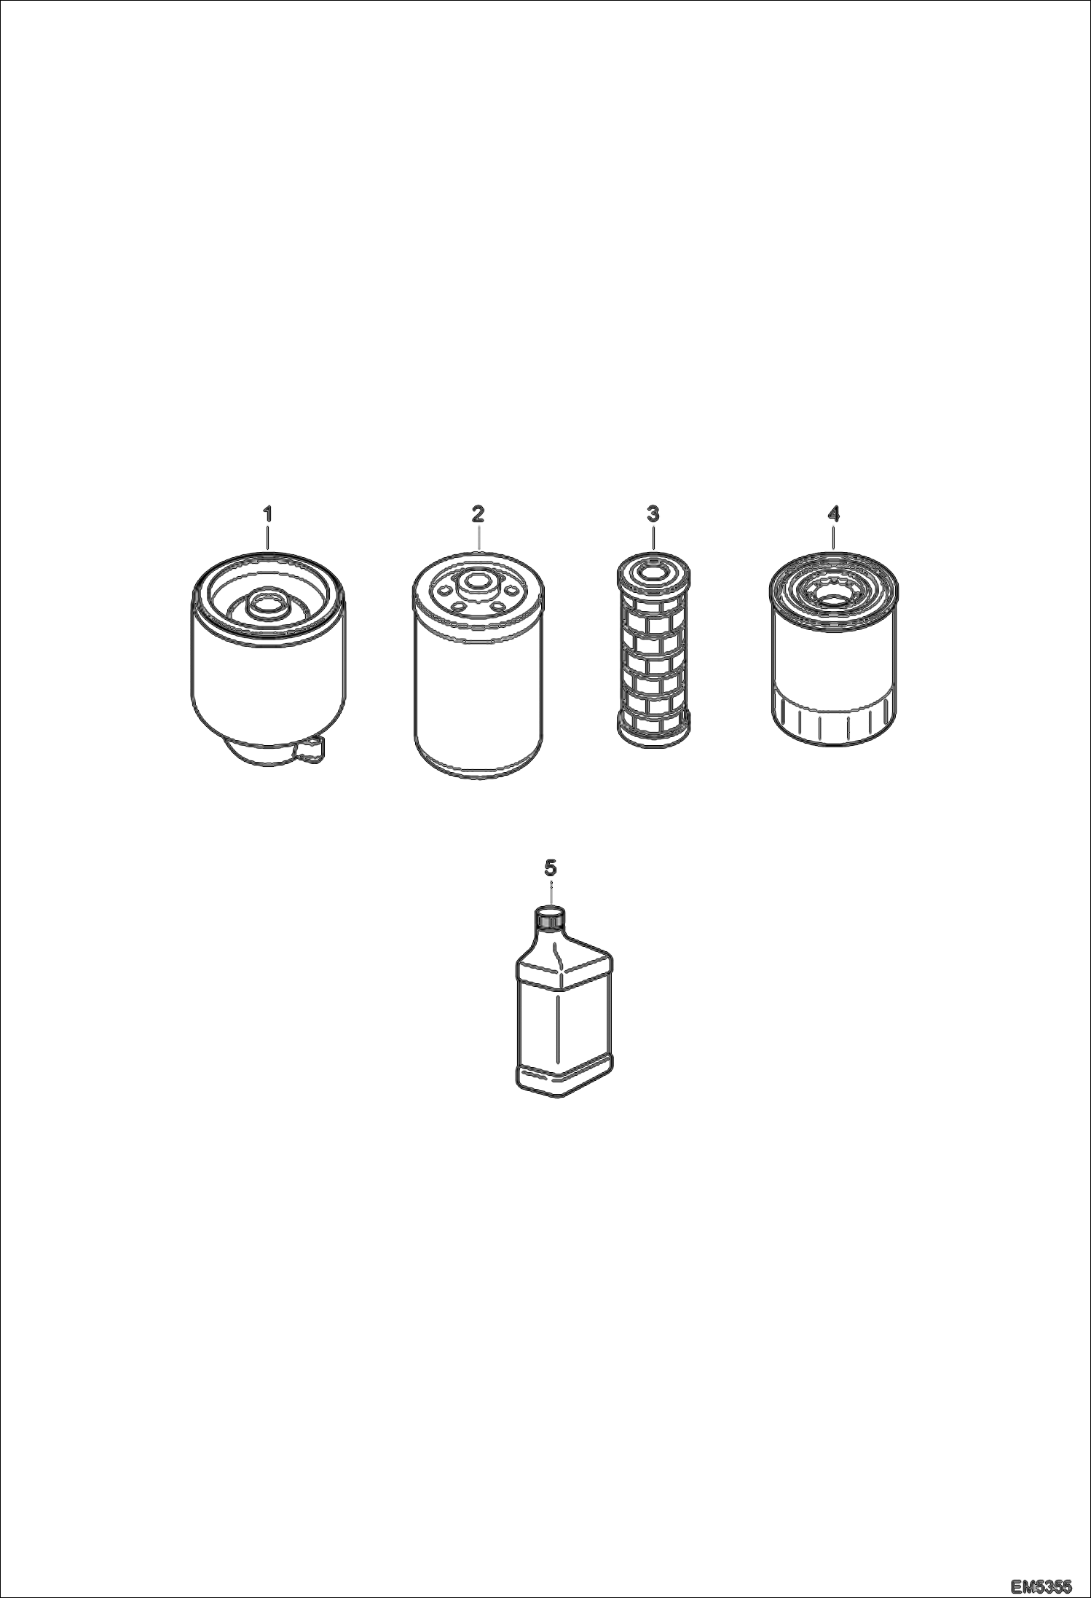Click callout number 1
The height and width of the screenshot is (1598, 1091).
(x=267, y=514)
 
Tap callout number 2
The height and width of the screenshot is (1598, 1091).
(x=478, y=514)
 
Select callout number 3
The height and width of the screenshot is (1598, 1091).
(x=653, y=514)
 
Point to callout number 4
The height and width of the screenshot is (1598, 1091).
(x=833, y=514)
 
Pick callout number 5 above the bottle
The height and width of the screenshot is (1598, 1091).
(x=551, y=867)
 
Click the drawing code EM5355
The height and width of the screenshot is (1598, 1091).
(x=1041, y=1583)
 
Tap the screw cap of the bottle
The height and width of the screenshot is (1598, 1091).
(x=551, y=919)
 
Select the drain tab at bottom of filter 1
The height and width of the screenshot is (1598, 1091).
(x=309, y=751)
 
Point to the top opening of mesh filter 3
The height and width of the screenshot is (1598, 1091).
(x=653, y=573)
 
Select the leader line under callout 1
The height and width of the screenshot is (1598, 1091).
(x=267, y=537)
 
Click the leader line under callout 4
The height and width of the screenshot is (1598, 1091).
(x=833, y=537)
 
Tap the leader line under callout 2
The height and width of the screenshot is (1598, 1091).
(x=478, y=537)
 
